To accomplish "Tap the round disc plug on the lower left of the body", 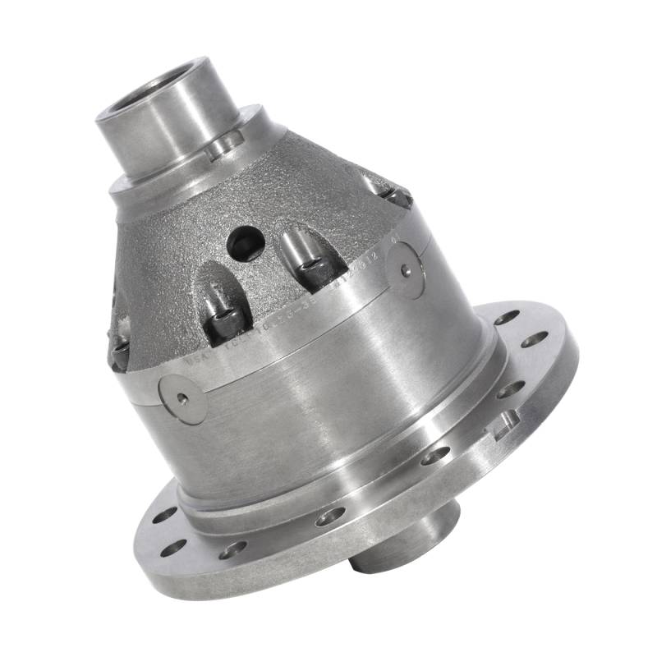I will click(x=181, y=399).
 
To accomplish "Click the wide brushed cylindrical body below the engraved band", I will click(x=328, y=402).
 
